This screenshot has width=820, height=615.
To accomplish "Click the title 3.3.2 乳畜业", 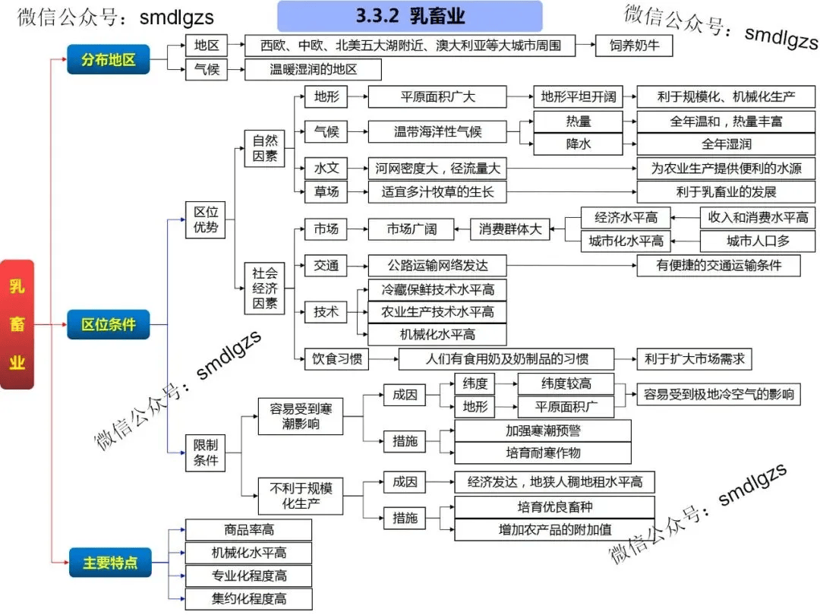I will point(410,16).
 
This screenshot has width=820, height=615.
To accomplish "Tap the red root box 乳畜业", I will point(17,324).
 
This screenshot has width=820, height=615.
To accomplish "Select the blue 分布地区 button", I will point(109,58).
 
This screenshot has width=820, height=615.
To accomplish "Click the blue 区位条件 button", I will point(109,324).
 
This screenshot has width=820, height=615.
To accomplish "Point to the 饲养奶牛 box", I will point(634,46).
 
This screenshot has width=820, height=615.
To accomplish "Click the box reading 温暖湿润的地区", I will point(313,70).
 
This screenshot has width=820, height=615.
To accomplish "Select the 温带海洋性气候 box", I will point(437,131).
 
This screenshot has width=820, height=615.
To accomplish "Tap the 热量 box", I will point(578,121).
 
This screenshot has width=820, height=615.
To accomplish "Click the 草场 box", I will point(326,191).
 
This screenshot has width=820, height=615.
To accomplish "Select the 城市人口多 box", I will point(757,241).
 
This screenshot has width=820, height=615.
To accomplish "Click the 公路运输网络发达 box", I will point(437,265).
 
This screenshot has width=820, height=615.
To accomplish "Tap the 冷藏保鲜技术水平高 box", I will point(437,289).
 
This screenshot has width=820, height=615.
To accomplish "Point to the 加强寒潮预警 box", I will point(542,430).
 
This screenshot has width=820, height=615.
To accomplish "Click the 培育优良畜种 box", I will point(554,506).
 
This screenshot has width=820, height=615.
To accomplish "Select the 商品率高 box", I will point(248,529).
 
